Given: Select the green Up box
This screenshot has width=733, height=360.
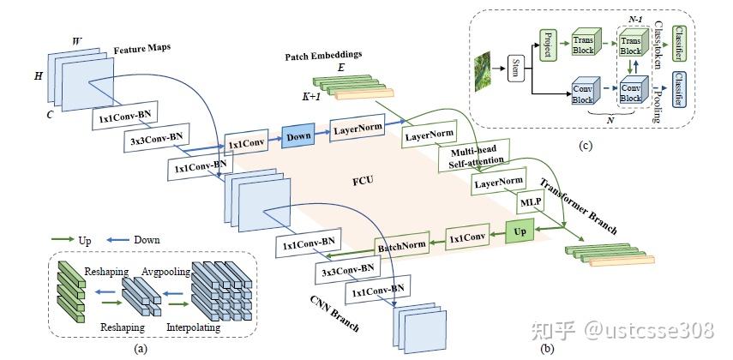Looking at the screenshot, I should coord(520,232).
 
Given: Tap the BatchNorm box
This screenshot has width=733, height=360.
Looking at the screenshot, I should coord(402,249).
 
